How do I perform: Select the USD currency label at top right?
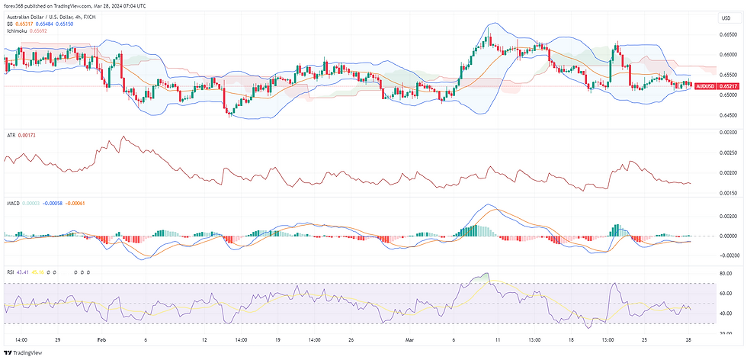[x=725, y=18]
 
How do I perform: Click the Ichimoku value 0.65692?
[x=40, y=31]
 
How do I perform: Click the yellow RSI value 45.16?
[x=37, y=272]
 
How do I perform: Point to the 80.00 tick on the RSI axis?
[x=725, y=273]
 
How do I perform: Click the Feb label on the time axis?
[x=101, y=339]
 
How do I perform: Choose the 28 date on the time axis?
[x=688, y=339]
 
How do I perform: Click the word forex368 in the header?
[x=16, y=5]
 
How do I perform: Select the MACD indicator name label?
[x=12, y=202]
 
